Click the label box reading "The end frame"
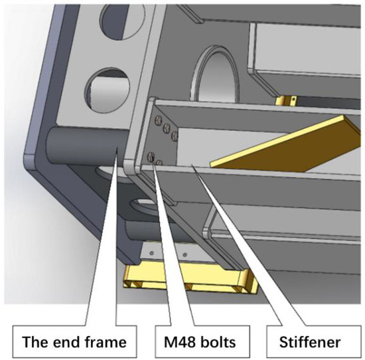74,341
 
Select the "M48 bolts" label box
202,341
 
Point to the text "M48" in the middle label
179,342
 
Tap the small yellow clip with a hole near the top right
286,101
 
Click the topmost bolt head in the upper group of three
157,120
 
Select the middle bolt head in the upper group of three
167,127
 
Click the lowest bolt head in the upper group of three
175,135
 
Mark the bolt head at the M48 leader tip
151,155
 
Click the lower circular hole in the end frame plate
108,90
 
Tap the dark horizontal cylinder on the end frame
88,145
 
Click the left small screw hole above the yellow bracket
151,253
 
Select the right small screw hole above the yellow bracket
185,255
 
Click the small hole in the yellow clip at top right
294,99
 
